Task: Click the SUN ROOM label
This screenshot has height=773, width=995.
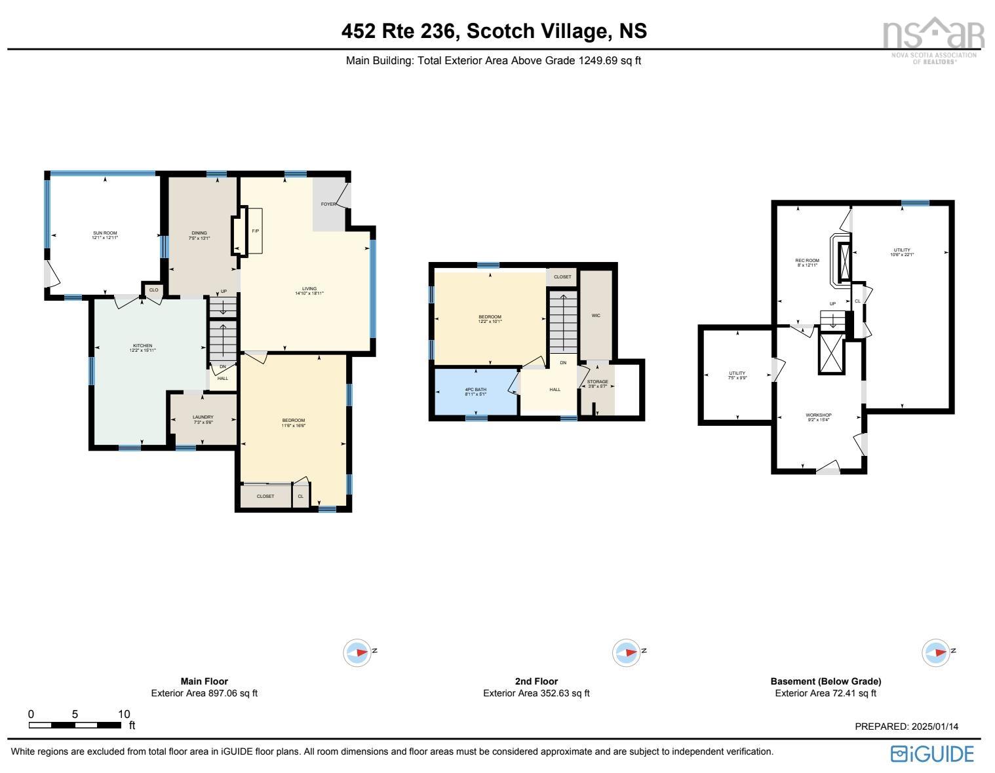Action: [105, 233]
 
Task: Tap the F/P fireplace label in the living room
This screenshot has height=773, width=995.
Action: [255, 231]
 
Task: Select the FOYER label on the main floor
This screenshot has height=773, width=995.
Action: [328, 204]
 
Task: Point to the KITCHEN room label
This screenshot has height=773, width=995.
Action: [142, 346]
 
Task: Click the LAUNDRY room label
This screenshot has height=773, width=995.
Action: [203, 417]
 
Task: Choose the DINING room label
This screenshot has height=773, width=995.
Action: [199, 233]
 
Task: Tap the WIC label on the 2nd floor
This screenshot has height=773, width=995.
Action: [596, 316]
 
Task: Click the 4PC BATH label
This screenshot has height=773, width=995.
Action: [475, 390]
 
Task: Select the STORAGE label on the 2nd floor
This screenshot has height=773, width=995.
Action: [597, 382]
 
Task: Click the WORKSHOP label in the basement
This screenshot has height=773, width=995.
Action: [819, 415]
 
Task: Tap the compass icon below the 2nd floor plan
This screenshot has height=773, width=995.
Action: [626, 652]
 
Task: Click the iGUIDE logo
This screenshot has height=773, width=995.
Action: [932, 754]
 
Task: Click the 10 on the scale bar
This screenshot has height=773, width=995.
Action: [124, 714]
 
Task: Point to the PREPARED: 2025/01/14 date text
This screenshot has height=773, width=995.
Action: [907, 726]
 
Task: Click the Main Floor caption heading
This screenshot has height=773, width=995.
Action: [205, 681]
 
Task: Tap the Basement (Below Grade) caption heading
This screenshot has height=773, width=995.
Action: [825, 681]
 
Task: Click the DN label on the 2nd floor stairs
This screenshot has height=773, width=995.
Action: [563, 362]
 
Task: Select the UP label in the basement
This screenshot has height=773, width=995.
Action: [832, 304]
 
